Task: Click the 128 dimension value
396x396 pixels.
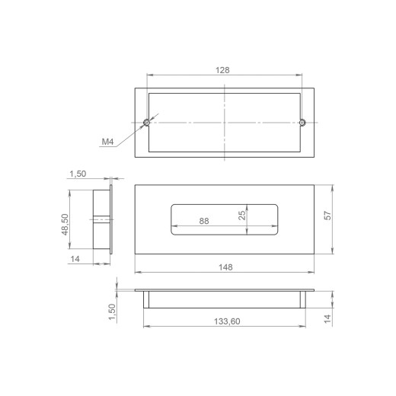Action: click(222, 70)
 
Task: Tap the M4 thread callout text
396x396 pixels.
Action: click(107, 142)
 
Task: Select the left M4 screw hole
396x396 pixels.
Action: click(147, 123)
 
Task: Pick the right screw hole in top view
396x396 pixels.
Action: click(302, 123)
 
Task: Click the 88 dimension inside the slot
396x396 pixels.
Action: click(204, 221)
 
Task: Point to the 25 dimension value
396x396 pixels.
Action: click(242, 215)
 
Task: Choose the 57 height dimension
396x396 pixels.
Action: click(328, 216)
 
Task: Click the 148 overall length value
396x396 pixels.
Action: click(225, 267)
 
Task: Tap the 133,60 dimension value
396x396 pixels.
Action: click(227, 321)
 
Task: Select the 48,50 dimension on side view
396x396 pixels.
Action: click(65, 225)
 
